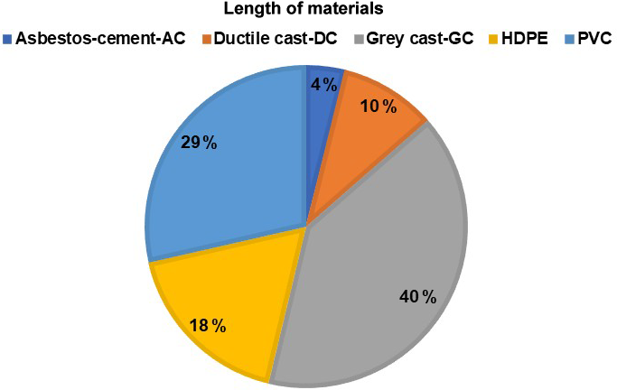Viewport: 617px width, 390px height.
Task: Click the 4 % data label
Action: pos(323,85)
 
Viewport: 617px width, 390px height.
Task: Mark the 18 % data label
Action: pos(207,325)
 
